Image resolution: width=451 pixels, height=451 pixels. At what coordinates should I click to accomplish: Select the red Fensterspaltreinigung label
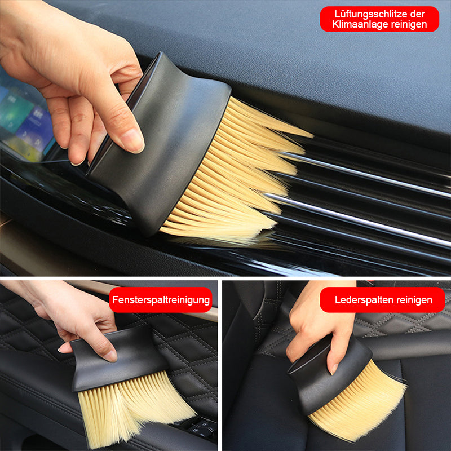161,300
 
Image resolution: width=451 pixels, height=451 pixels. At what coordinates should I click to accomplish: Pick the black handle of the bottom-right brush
328,374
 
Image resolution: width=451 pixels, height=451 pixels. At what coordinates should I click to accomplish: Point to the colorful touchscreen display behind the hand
26,121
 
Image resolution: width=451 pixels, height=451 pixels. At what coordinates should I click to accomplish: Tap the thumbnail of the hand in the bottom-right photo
334,369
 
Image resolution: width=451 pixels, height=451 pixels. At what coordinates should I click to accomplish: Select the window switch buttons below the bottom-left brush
198,428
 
